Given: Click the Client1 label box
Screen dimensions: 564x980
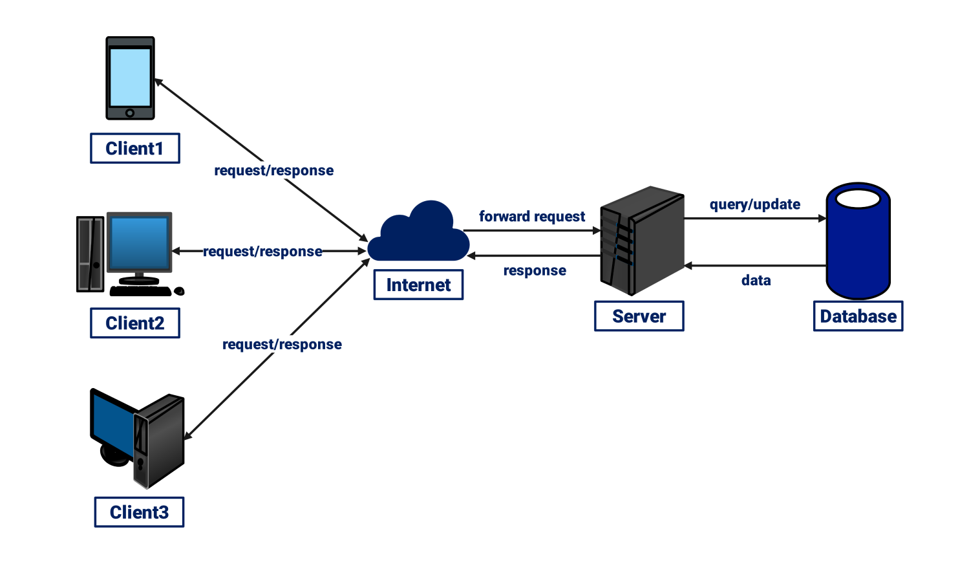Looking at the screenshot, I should click(x=134, y=149).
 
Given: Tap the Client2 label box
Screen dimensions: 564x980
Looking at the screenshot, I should click(x=134, y=323).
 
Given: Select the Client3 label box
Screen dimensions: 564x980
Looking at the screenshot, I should click(x=139, y=512).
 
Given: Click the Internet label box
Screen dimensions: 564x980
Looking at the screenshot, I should click(x=418, y=285).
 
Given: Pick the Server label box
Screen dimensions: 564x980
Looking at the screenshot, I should click(x=639, y=316).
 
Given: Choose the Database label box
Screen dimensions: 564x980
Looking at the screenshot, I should click(x=858, y=316).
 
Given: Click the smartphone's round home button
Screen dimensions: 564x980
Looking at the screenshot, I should click(x=130, y=113).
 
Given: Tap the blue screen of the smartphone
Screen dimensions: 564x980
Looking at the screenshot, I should click(x=130, y=76).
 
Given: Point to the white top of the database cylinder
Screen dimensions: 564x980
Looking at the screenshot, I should click(x=858, y=198).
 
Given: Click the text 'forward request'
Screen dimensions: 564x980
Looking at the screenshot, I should click(x=531, y=217).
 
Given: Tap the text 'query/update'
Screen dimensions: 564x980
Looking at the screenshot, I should click(x=754, y=204).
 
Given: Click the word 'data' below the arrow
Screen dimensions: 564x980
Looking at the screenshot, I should click(x=756, y=281).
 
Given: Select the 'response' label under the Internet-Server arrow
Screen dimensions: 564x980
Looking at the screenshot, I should click(x=535, y=271).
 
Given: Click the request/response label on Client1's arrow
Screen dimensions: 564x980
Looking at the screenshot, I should click(x=273, y=171).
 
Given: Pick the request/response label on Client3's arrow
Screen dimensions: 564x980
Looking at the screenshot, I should click(x=282, y=345).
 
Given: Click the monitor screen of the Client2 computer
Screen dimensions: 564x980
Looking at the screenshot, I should click(x=139, y=243).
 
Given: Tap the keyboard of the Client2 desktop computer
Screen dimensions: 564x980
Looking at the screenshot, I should click(x=140, y=291).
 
